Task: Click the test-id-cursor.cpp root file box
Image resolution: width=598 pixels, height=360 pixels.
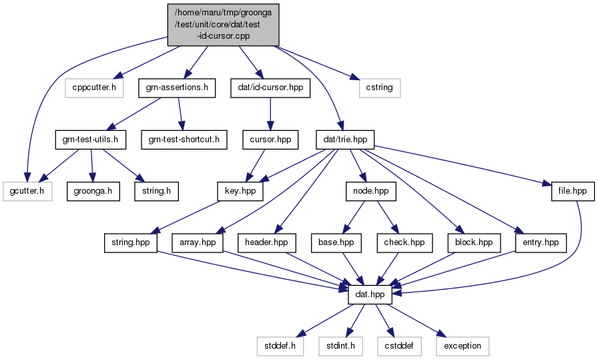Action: pyautogui.click(x=224, y=25)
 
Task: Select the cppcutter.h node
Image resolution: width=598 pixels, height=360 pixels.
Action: pyautogui.click(x=94, y=87)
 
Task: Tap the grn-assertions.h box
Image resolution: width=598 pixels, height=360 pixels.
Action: pyautogui.click(x=177, y=87)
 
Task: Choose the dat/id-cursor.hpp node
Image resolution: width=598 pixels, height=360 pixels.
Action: pyautogui.click(x=270, y=87)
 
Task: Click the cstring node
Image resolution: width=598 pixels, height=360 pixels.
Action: pyautogui.click(x=380, y=87)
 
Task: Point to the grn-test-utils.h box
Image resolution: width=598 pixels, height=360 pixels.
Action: pyautogui.click(x=91, y=140)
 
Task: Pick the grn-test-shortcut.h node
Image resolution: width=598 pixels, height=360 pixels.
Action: pyautogui.click(x=184, y=140)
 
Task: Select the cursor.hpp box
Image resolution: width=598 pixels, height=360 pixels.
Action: pyautogui.click(x=270, y=140)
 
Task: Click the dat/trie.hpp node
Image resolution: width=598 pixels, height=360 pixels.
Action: pyautogui.click(x=345, y=140)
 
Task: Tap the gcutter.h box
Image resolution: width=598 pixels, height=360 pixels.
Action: pyautogui.click(x=27, y=191)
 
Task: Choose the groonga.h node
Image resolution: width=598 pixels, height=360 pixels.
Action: pyautogui.click(x=93, y=191)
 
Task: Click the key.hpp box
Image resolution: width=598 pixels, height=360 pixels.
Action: pyautogui.click(x=240, y=191)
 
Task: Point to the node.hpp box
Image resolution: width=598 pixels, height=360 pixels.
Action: pyautogui.click(x=371, y=191)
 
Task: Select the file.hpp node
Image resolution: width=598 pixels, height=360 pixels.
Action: pyautogui.click(x=573, y=191)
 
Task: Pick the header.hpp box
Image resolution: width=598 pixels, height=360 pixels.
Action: pyautogui.click(x=266, y=243)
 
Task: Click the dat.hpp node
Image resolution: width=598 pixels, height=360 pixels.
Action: pyautogui.click(x=370, y=295)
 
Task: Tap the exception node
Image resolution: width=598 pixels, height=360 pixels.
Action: pyautogui.click(x=463, y=346)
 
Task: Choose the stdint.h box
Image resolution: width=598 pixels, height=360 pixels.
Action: pyautogui.click(x=341, y=346)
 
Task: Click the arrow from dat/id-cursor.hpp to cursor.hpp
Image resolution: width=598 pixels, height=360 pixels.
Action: pyautogui.click(x=270, y=114)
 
